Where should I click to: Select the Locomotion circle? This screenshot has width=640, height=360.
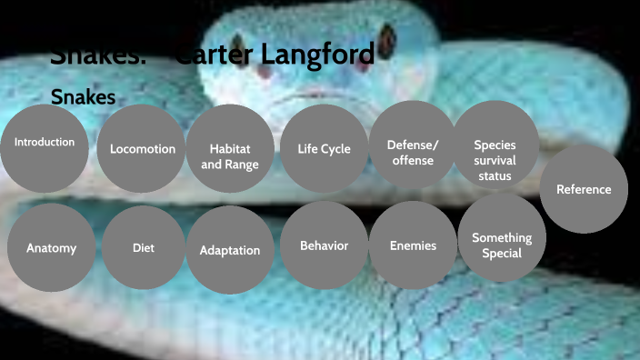pos(143,148)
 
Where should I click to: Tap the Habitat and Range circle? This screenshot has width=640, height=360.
pos(229,155)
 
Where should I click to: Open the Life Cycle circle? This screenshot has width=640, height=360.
pos(324,149)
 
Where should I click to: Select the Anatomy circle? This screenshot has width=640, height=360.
pos(51,247)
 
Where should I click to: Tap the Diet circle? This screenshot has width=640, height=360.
pos(143,247)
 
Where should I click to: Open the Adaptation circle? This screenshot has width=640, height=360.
pos(230,250)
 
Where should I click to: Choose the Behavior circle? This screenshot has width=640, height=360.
pos(324,245)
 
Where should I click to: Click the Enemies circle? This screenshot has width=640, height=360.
pos(413,245)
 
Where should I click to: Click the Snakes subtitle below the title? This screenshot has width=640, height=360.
pos(83,95)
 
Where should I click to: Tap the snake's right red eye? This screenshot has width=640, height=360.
pos(386,35)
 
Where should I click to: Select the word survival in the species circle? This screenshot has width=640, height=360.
pos(495,160)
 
